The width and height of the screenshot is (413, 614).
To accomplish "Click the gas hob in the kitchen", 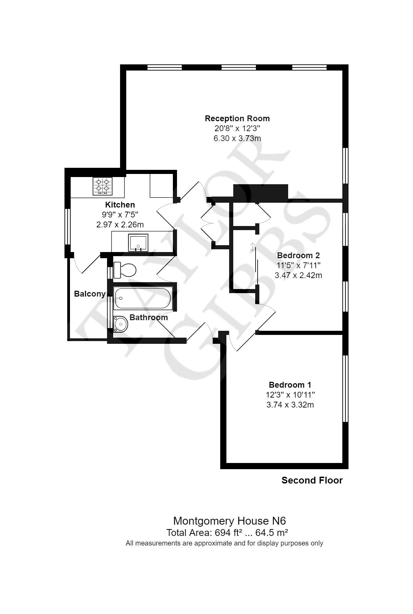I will pos(103,186).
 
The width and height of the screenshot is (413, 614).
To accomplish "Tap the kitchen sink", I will pos(138,242).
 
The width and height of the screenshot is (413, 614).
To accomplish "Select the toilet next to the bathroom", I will pos(125,270).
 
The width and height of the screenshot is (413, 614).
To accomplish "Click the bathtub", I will pos(142,298).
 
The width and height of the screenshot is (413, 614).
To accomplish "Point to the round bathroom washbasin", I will pos(120,324).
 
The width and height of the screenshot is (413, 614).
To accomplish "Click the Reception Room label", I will pos(237,118).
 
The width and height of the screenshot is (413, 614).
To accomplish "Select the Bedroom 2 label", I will pos(298,255).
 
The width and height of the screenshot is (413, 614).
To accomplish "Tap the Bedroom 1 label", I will pos(290,385).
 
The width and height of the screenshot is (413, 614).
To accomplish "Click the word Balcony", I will pos(90,294).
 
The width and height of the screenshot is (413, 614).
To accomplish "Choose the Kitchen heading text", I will pos(120,205).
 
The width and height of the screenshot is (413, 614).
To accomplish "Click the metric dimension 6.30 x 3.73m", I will pos(237,138).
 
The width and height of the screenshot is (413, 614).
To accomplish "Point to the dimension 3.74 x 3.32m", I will pos(290,405).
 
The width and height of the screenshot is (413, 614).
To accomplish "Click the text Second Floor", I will pos(312,480).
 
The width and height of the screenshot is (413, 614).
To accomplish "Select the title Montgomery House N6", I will pos(229,521).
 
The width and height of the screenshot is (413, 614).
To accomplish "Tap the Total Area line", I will pos(227,533).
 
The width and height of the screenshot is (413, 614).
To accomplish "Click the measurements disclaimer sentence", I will pos(224,543).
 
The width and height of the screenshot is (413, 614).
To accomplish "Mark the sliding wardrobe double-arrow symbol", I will pos(253,247).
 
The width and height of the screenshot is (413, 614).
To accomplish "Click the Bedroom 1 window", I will pos(345,388).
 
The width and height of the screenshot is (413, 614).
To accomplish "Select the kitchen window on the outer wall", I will pos(68,226).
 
